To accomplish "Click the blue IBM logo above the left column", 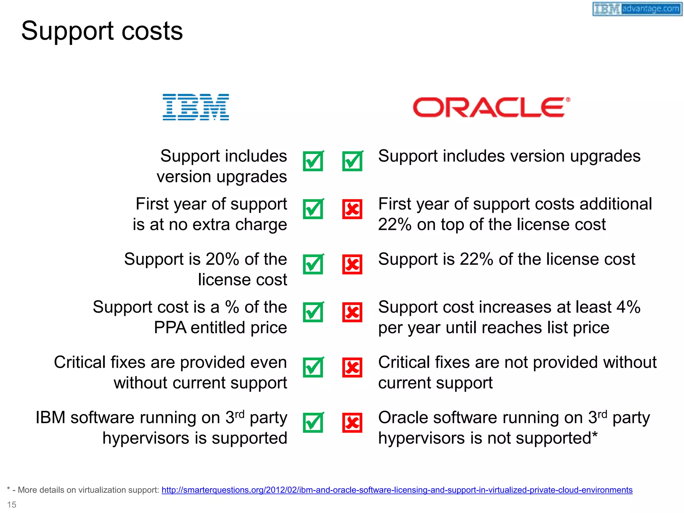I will (x=196, y=107).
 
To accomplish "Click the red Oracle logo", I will (x=491, y=107).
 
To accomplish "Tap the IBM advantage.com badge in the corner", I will (x=637, y=9).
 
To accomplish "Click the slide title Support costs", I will (x=102, y=31).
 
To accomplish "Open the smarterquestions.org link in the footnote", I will (x=397, y=490).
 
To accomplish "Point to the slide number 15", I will (x=12, y=504).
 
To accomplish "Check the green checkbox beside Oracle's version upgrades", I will (x=352, y=161).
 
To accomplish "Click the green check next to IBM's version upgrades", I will (x=313, y=161).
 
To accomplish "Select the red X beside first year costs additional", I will (x=352, y=209).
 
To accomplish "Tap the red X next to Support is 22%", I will (x=352, y=265).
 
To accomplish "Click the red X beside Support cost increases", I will (x=352, y=312).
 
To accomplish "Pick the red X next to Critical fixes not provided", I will (x=352, y=367).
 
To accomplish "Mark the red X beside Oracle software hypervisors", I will (x=352, y=423).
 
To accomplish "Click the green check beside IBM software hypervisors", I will (x=313, y=423).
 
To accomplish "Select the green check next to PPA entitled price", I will (x=313, y=312).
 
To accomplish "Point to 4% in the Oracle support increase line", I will (x=628, y=307).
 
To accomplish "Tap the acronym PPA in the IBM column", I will (x=170, y=328).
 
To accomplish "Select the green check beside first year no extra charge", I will (x=313, y=209).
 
